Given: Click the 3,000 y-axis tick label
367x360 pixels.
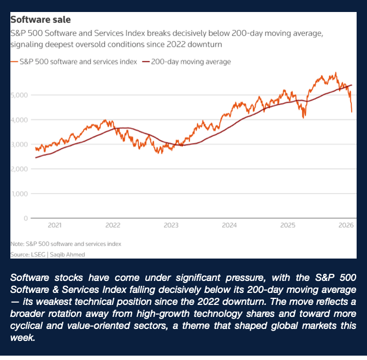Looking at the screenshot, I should pos(18,145).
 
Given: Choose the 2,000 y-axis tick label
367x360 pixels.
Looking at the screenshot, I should pos(18,169).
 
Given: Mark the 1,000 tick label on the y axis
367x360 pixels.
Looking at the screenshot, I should pos(18,194).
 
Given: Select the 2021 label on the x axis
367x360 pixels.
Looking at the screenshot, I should pos(55,225).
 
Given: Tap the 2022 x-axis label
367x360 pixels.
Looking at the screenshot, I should pos(113,225).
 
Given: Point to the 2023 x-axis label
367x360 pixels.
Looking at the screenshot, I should pos(171,225).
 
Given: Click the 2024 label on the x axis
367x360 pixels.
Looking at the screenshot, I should pos(229,225).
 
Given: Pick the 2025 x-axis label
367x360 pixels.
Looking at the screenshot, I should pos(288,225).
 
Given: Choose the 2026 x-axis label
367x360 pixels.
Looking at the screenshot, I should pos(346,225).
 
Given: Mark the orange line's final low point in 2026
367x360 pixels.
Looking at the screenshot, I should pos(352,112).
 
